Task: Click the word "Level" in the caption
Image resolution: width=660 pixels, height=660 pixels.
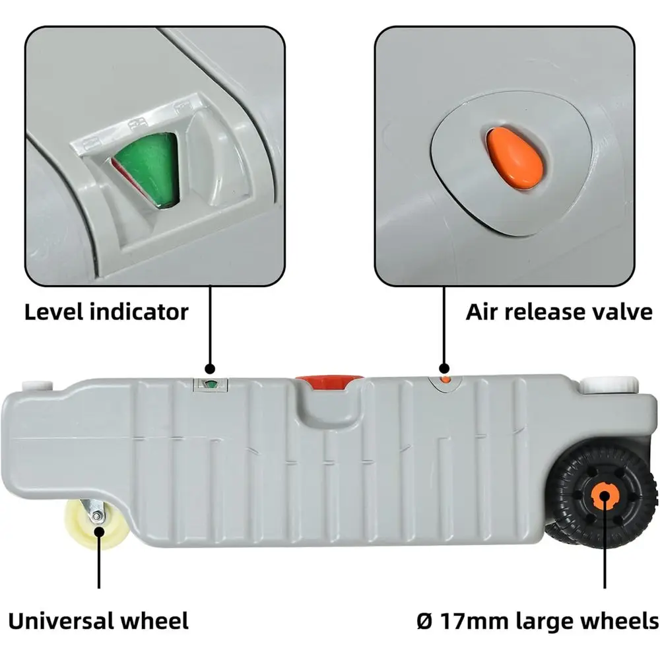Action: pos(53,312)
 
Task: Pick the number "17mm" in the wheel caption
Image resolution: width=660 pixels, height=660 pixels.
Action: pos(475,621)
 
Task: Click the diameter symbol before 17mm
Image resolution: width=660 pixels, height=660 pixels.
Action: pos(425,621)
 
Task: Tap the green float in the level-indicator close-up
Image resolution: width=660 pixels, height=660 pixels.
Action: pos(147,168)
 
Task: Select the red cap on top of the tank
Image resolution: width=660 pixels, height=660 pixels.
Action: pos(329,381)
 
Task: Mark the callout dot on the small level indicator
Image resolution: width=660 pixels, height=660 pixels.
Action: pos(210,369)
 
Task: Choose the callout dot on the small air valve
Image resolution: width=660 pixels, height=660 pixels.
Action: pos(444,369)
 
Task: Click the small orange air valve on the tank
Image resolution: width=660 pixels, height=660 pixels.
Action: pos(445,379)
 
